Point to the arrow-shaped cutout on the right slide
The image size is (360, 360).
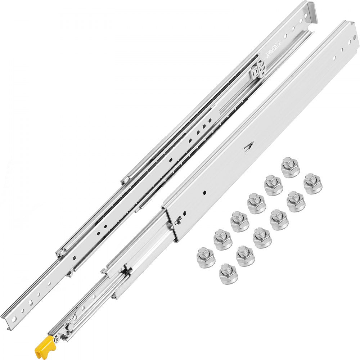coord(248,148)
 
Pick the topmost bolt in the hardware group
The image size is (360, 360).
coord(290,167)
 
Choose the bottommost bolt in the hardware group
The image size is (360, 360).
coord(228,274)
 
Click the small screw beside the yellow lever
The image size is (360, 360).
coord(57,339)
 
